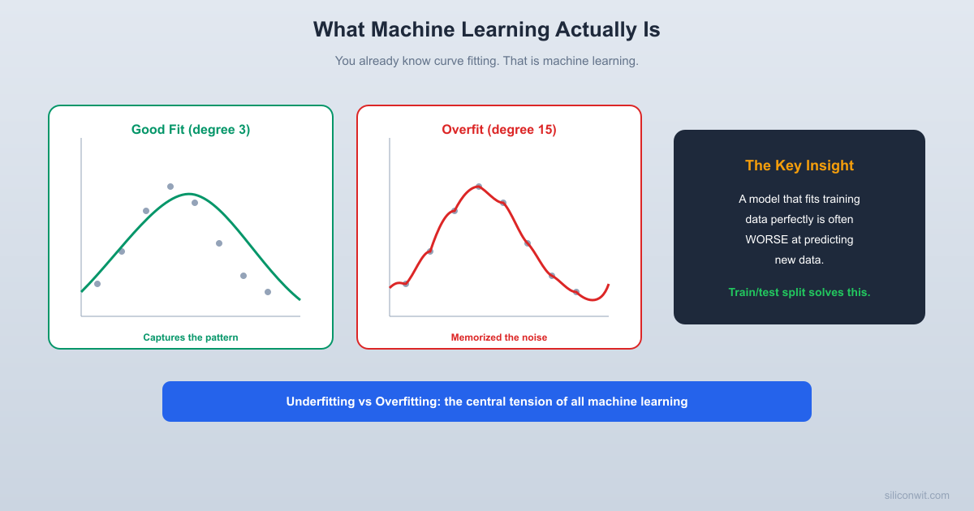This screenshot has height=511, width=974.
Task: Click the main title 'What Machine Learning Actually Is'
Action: tap(486, 29)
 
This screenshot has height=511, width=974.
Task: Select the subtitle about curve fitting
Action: tap(486, 61)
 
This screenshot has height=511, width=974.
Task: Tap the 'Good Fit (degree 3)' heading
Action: tap(191, 130)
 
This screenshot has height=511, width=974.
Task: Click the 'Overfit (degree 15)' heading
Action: tap(499, 130)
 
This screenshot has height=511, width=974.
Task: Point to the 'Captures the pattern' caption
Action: tap(191, 337)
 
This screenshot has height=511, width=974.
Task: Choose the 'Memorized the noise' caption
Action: tap(499, 337)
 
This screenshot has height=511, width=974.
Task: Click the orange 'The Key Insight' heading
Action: tap(799, 165)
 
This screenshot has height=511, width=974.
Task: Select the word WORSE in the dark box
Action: tap(767, 239)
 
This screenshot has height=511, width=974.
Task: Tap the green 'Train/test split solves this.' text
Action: tap(799, 292)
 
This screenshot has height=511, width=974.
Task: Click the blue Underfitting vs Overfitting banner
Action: tap(487, 401)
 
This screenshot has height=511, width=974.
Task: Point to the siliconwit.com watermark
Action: tap(916, 495)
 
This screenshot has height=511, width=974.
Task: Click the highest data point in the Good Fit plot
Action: tap(170, 187)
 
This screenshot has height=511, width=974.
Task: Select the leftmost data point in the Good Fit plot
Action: tap(97, 284)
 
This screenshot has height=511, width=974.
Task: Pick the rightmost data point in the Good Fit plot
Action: tap(268, 292)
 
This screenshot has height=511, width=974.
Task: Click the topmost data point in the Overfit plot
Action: tap(479, 187)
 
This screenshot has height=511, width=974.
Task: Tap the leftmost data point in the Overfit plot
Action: tap(406, 284)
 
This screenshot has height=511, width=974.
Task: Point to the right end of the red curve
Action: tap(608, 285)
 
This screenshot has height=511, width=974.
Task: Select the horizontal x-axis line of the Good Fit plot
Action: tap(191, 316)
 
